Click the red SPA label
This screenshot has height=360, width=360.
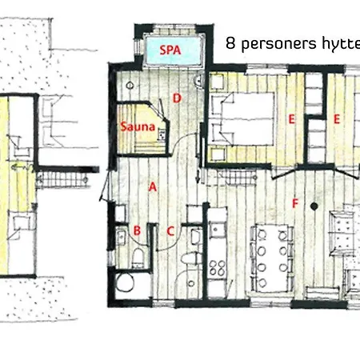coord(169,48)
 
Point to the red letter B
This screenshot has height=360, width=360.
coord(137,231)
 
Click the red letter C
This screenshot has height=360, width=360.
coord(170,231)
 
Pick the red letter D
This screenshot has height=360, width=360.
coord(175,99)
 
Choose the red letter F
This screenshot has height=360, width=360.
coord(294,203)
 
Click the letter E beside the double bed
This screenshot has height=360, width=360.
coord(292,119)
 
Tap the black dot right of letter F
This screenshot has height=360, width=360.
coord(316,206)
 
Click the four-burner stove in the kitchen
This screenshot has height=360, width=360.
coord(218,268)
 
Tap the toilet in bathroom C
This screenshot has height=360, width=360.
coord(188,260)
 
